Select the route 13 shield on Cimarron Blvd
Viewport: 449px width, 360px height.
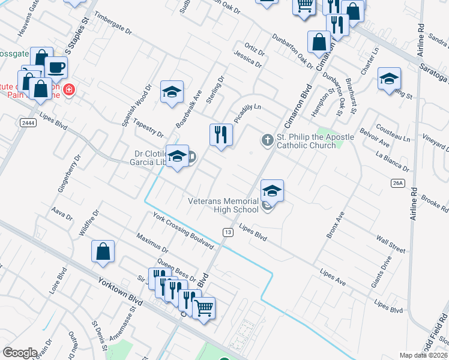[228, 232]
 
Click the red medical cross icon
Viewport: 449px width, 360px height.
[69, 89]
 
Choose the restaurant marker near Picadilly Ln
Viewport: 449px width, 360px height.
[221, 134]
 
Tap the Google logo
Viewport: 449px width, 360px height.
[20, 352]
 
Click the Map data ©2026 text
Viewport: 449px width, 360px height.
[424, 355]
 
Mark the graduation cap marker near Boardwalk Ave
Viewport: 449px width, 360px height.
[172, 92]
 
